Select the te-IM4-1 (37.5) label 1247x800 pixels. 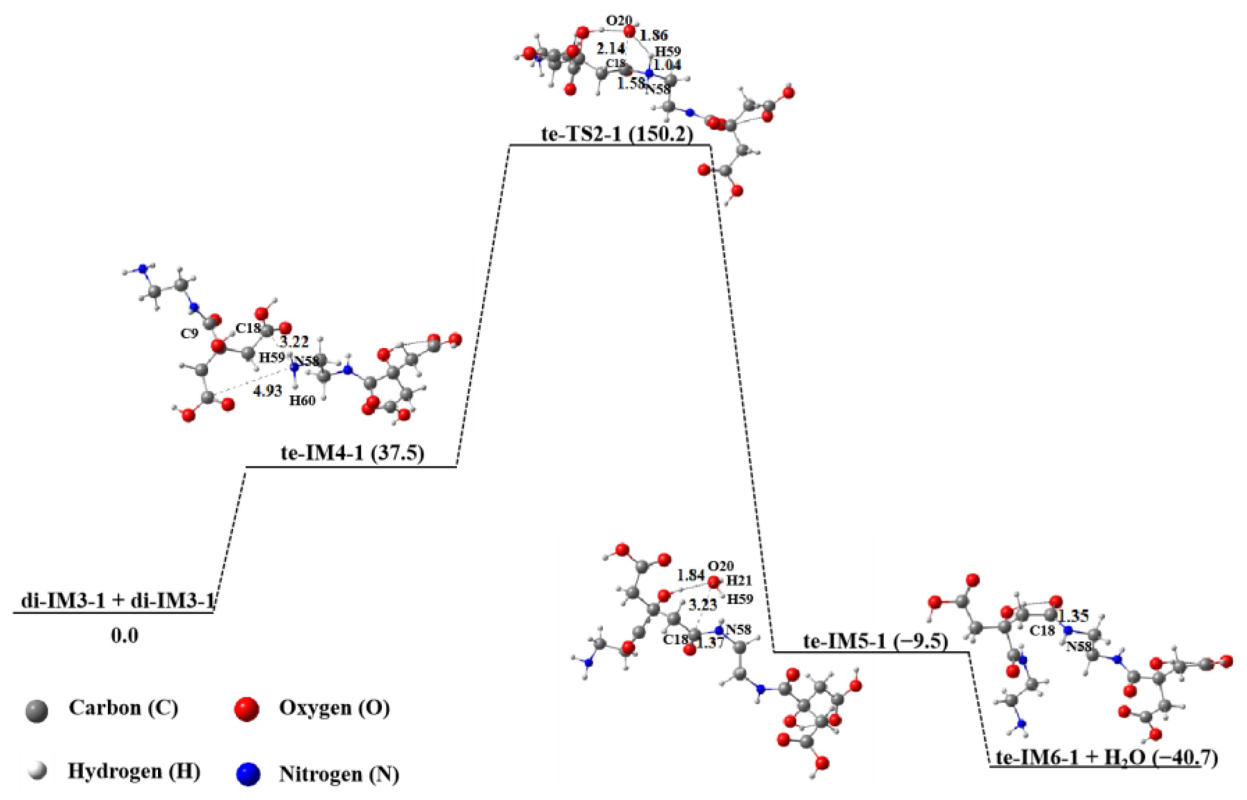353,454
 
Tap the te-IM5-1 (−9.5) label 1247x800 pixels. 875,643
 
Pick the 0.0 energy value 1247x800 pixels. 125,636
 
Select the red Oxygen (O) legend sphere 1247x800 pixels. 247,710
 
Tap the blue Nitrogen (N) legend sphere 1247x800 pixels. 247,775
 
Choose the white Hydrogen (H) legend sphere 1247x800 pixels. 37,771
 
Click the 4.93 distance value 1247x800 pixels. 267,392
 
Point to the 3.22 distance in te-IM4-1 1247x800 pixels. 294,342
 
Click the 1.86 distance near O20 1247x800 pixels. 653,36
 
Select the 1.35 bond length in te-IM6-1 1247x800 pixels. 1074,616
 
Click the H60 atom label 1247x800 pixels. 302,401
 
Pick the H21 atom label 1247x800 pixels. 738,581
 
